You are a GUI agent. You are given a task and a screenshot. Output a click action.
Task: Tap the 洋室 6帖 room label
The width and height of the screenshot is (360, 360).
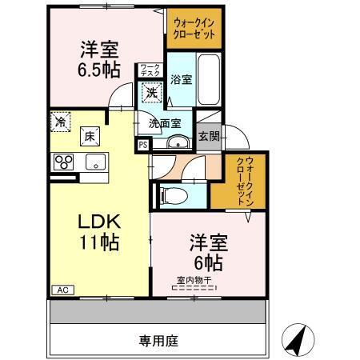tap(206, 251)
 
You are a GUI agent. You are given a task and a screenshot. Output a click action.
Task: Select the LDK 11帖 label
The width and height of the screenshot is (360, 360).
tap(98, 231)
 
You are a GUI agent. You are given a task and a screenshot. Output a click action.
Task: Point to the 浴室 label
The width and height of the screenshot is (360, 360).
tap(181, 80)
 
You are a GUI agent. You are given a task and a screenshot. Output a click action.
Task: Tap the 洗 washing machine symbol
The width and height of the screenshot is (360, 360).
tap(151, 93)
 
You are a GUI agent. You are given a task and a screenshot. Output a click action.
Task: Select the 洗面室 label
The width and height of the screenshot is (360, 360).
tap(164, 123)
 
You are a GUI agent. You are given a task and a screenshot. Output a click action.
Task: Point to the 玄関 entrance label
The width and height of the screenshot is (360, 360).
tap(209, 135)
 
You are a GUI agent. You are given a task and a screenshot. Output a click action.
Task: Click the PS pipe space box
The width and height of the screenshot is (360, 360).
tap(142, 145)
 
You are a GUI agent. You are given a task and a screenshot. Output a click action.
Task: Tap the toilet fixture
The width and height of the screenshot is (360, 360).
tap(175, 194)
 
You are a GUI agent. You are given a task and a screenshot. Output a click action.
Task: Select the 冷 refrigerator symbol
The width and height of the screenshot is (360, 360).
tap(59, 122)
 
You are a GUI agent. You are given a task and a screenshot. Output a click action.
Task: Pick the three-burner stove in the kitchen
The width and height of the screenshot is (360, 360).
tap(63, 162)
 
